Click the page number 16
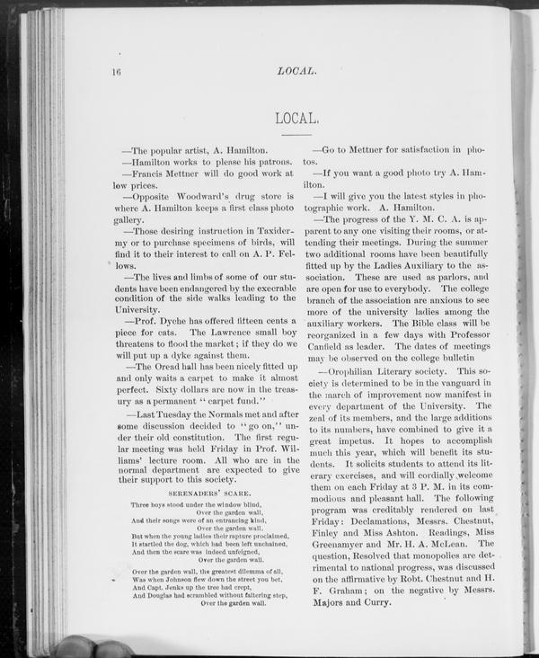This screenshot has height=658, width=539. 116,71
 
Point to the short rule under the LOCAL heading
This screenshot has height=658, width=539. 296,134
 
